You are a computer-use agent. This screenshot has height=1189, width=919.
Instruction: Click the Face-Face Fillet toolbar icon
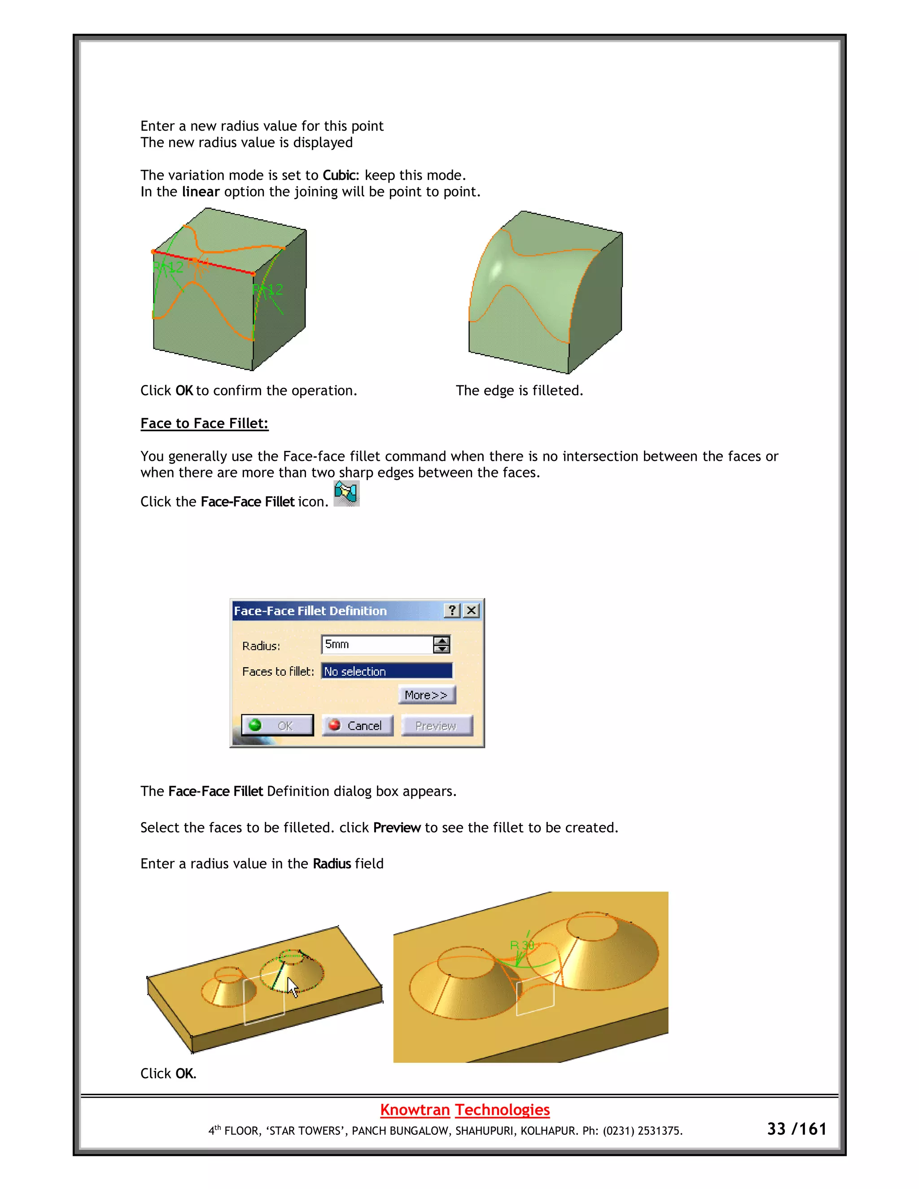click(346, 493)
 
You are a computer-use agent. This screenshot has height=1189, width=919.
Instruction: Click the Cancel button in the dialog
click(358, 725)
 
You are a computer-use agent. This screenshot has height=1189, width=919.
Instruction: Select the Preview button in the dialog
click(437, 725)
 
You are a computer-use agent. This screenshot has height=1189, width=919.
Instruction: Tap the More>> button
click(427, 695)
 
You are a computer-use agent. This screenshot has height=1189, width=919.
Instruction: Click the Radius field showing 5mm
click(377, 645)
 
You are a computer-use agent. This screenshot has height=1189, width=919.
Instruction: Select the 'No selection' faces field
click(386, 671)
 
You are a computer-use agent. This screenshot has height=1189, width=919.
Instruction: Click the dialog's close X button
click(472, 610)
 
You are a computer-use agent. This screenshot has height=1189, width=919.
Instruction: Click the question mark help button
click(452, 610)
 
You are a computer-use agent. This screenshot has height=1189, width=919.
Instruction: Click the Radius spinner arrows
click(442, 645)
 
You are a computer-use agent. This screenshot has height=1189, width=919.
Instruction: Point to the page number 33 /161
click(796, 1129)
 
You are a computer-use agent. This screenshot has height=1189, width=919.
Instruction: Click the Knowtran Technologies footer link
click(464, 1110)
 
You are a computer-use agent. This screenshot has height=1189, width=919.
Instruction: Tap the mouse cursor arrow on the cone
click(293, 987)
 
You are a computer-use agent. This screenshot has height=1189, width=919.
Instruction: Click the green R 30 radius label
click(521, 945)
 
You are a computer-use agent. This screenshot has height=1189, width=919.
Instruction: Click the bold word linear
click(200, 192)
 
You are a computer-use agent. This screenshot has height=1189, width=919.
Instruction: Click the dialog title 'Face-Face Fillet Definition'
click(311, 611)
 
